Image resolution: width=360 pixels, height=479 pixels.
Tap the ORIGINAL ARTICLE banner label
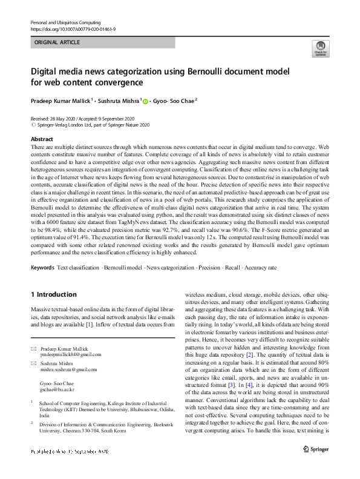(57, 43)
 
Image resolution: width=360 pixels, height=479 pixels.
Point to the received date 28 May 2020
(67, 119)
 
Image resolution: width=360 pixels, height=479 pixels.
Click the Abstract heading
(42, 139)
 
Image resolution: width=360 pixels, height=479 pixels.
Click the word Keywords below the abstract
(42, 266)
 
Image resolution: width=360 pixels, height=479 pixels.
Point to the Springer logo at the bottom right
(316, 451)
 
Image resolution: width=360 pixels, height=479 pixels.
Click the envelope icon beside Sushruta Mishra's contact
(33, 363)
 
